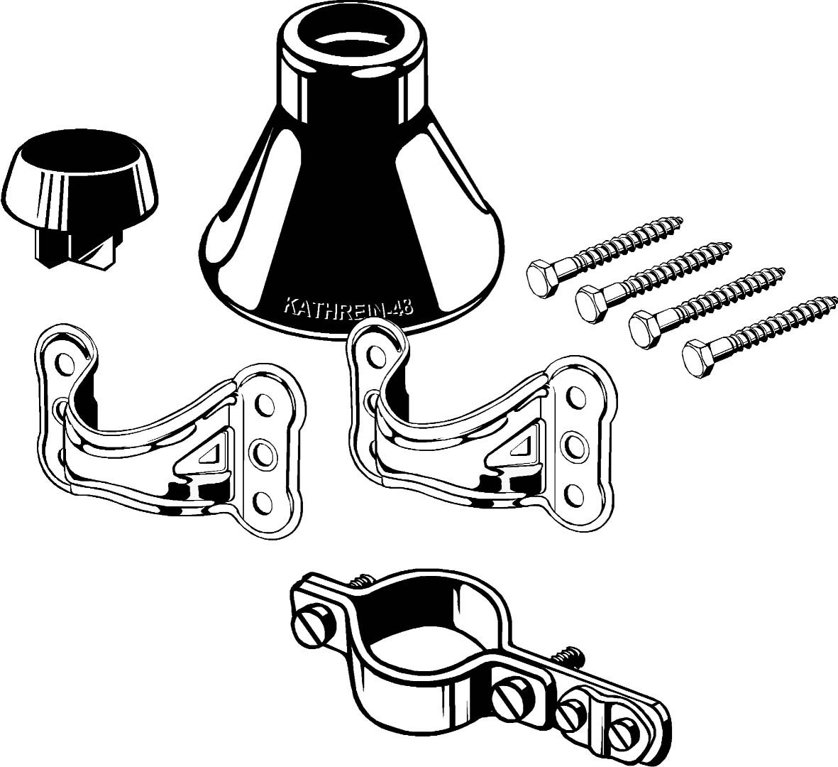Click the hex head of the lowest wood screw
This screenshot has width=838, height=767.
[x=698, y=354]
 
